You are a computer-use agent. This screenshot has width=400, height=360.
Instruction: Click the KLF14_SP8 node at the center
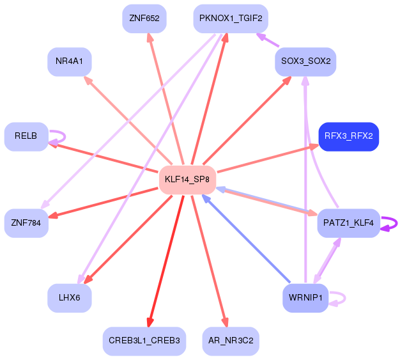(x=187, y=180)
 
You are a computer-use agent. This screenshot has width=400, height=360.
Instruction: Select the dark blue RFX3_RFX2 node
(x=348, y=137)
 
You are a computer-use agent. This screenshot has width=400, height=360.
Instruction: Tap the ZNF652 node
(x=144, y=19)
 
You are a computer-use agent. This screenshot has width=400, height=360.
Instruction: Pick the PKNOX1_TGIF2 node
(x=231, y=19)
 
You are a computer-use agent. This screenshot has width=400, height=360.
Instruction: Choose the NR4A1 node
(x=70, y=62)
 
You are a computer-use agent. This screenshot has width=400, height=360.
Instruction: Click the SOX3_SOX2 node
(x=305, y=62)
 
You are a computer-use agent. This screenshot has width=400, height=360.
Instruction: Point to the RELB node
(x=26, y=137)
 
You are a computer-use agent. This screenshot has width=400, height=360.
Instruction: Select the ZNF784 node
(x=26, y=223)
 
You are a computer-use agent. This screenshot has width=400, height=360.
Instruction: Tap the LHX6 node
(x=70, y=298)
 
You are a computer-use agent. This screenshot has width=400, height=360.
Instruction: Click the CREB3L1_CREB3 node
(x=144, y=341)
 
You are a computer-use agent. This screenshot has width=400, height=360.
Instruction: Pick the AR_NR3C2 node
(x=231, y=341)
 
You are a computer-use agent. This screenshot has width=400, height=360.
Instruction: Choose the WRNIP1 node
(x=305, y=298)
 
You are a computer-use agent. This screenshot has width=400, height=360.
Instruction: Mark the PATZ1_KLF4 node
(x=348, y=223)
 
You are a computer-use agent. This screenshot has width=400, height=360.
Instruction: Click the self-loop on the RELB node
(x=65, y=137)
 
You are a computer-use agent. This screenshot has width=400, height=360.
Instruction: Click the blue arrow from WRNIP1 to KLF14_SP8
(x=246, y=239)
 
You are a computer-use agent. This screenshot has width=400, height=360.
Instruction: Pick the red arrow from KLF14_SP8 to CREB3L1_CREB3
(x=166, y=261)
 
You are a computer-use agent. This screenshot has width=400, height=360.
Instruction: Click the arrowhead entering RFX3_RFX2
(x=314, y=146)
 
